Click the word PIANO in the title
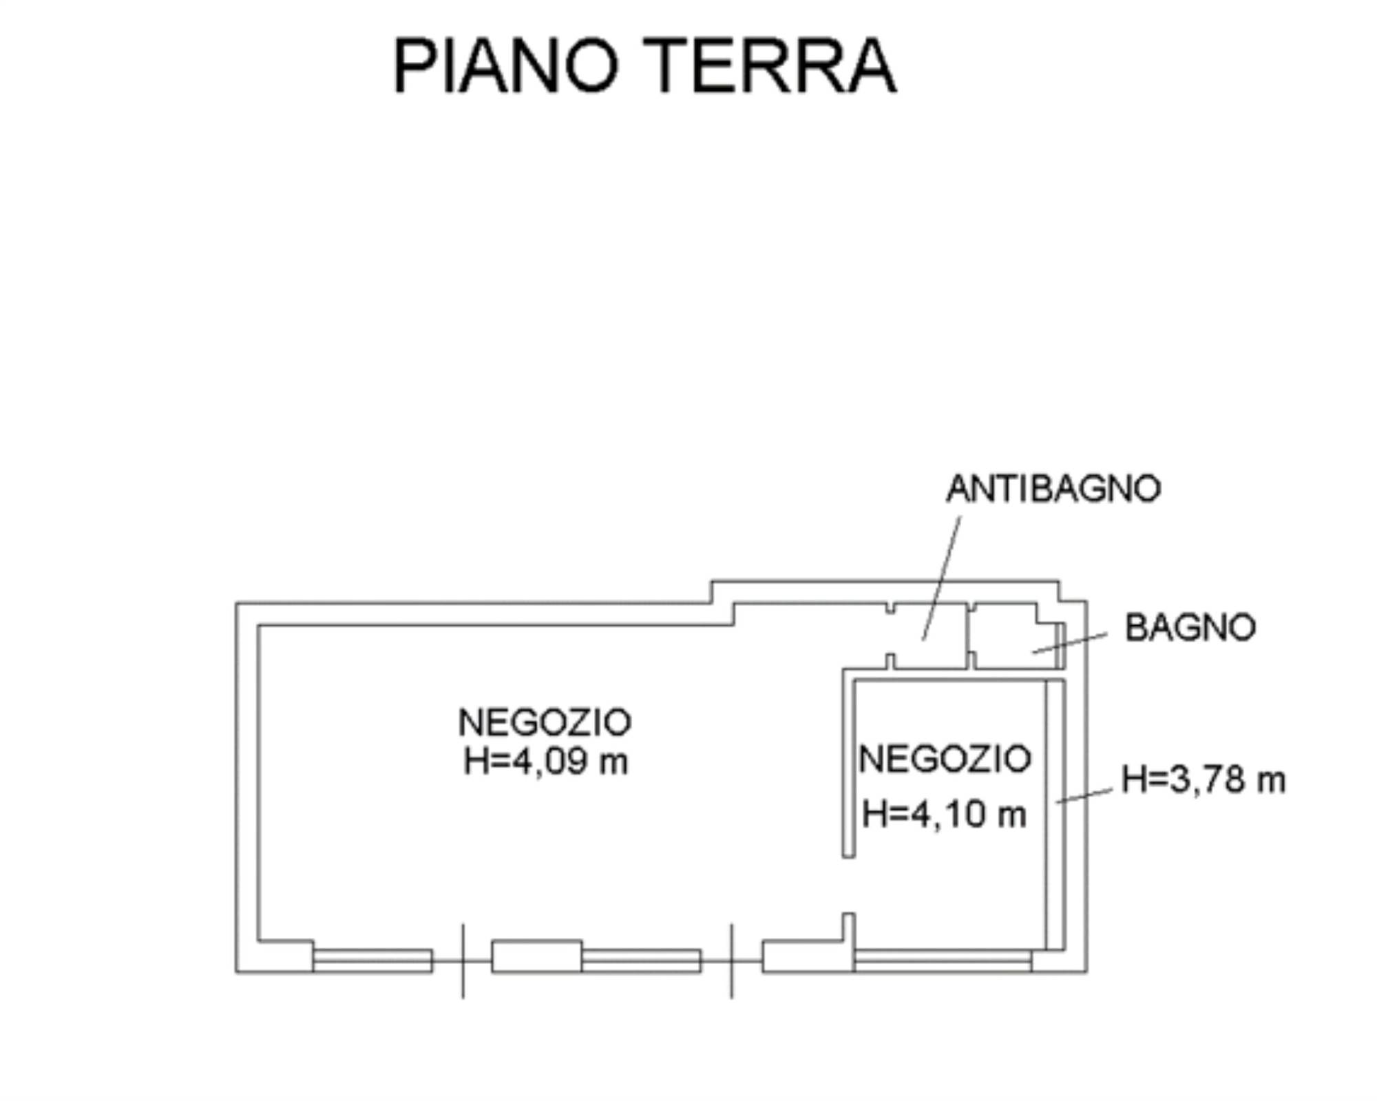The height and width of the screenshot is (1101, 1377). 506,65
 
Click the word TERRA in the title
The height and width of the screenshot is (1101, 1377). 771,65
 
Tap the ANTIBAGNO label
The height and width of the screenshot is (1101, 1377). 1053,489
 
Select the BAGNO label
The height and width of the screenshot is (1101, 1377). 1190,628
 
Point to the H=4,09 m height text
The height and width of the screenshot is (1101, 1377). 546,762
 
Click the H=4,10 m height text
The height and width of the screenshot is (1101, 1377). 944,814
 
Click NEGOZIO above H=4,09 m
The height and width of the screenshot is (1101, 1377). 545,722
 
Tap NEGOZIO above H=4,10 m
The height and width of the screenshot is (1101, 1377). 945,759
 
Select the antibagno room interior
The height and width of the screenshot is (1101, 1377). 929,637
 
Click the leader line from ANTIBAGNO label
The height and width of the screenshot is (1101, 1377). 941,578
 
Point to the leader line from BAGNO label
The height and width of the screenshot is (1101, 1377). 1069,643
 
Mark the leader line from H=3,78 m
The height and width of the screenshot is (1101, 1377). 1084,795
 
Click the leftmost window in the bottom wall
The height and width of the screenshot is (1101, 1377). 372,961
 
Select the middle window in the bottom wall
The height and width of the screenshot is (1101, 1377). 641,961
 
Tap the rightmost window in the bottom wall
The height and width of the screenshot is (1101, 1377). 943,961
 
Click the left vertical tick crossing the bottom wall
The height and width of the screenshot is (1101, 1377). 463,961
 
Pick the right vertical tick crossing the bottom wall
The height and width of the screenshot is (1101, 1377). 731,961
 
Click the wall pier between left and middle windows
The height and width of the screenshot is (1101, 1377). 536,956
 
